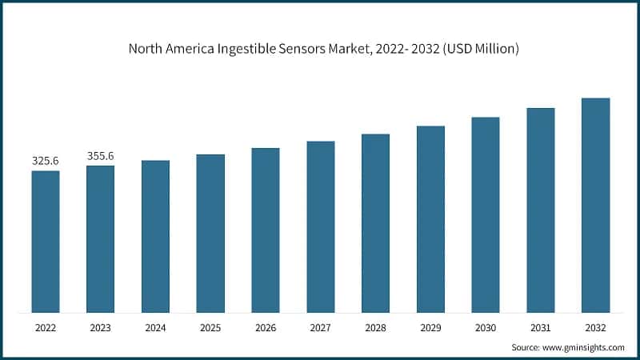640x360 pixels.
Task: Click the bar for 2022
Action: (x=46, y=241)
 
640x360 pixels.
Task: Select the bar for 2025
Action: (x=210, y=233)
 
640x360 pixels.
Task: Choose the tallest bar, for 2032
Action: (x=595, y=205)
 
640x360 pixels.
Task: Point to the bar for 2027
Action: (x=321, y=226)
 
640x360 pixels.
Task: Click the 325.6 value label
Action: (x=46, y=161)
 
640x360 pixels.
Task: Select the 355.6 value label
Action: (x=100, y=156)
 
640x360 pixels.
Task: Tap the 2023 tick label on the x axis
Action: (x=100, y=328)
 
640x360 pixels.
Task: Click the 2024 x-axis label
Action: (x=155, y=328)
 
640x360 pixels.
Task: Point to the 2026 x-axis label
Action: (x=266, y=328)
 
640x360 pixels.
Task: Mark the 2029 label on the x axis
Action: (x=430, y=328)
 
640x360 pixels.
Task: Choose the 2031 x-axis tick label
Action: (x=540, y=328)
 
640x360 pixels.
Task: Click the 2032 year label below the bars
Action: (x=595, y=328)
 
